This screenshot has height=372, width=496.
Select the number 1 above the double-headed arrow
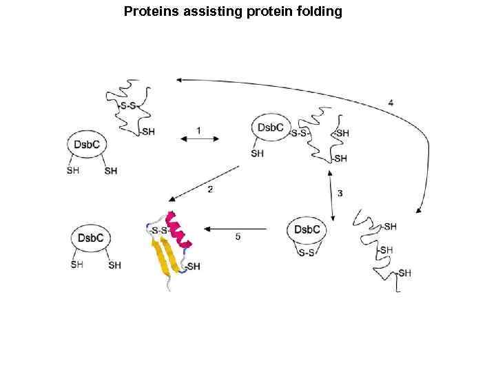198,130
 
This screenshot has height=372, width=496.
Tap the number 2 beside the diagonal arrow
209,189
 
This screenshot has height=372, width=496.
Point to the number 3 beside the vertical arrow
340,194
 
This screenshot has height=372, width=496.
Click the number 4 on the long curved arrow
391,103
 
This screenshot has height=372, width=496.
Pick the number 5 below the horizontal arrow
238,236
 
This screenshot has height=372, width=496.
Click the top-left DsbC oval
88,145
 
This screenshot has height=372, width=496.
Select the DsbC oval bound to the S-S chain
271,127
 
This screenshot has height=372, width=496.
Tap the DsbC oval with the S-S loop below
307,229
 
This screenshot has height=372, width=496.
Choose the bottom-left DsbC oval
91,238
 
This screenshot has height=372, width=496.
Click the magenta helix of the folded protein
180,229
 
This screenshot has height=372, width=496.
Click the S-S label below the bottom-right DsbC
307,254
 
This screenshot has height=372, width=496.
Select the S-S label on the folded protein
160,230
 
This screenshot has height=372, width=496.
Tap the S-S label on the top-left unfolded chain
128,105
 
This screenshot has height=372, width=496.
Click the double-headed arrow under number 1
200,139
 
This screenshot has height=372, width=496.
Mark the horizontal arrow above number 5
236,228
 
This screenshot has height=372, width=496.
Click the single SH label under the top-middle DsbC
258,154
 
